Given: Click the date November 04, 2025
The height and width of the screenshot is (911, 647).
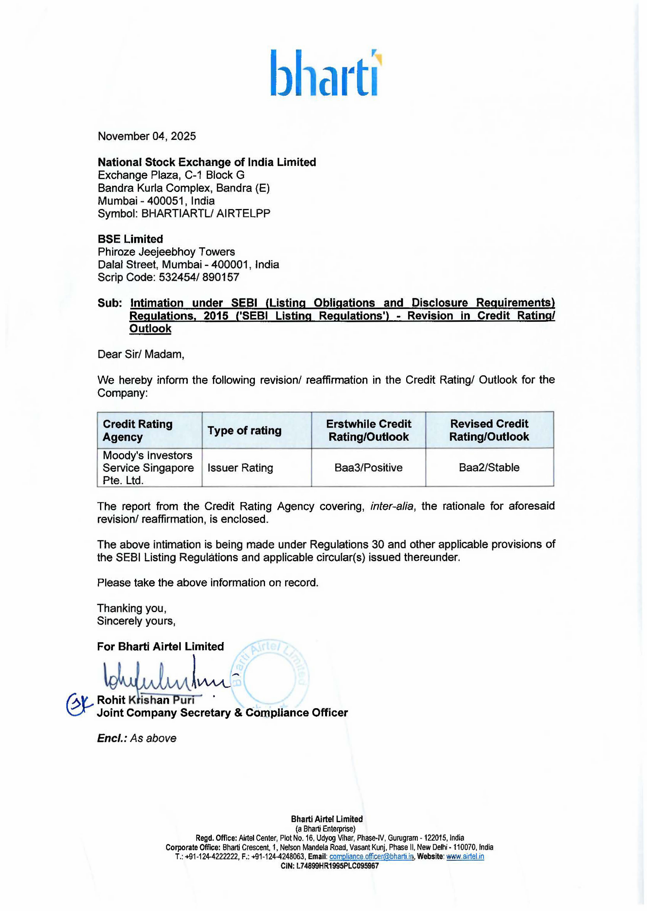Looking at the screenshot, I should pyautogui.click(x=147, y=136).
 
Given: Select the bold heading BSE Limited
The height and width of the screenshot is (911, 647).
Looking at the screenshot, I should pyautogui.click(x=130, y=239).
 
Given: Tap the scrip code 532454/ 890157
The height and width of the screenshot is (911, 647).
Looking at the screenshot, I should pyautogui.click(x=199, y=277).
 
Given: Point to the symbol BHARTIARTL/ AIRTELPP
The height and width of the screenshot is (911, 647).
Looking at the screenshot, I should pyautogui.click(x=206, y=214).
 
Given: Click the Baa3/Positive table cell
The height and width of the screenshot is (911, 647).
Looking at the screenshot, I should pyautogui.click(x=368, y=468).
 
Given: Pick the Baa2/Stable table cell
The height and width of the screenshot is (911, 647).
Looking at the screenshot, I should pyautogui.click(x=489, y=468).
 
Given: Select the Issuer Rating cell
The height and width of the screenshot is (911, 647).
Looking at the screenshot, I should pyautogui.click(x=240, y=468).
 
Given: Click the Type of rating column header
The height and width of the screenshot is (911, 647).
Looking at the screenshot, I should pyautogui.click(x=244, y=430).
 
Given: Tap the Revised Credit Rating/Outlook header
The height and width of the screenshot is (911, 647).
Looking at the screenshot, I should pyautogui.click(x=489, y=430).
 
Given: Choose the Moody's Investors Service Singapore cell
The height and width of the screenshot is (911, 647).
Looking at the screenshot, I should pyautogui.click(x=148, y=468).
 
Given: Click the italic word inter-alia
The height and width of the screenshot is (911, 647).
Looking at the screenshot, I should pyautogui.click(x=392, y=506).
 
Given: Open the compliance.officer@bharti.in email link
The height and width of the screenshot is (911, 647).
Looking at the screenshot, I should pyautogui.click(x=371, y=856).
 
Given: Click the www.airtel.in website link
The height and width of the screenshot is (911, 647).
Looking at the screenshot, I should pyautogui.click(x=465, y=856).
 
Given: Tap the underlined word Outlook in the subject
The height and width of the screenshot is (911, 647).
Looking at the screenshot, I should pyautogui.click(x=150, y=328).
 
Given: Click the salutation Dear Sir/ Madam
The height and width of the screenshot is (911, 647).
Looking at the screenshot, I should pyautogui.click(x=141, y=354).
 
